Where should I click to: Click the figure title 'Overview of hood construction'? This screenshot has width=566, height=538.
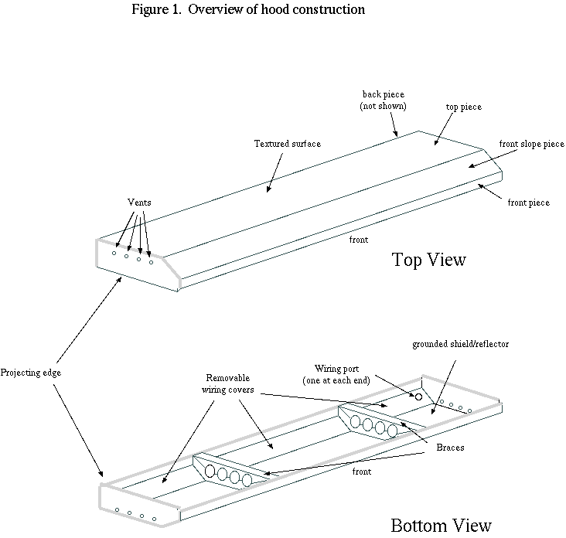point(276,9)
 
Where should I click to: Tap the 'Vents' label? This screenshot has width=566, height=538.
point(139,203)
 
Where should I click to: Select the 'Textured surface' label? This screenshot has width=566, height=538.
point(288,144)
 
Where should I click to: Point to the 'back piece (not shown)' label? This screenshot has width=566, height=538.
point(383,100)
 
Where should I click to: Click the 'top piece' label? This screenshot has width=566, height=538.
point(463,107)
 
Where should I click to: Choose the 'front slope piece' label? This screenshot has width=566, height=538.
point(531,144)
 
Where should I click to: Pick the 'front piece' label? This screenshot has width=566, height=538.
point(528,203)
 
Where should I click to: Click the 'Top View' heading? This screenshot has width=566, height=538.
point(429,260)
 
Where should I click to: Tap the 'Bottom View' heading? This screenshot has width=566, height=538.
point(441,525)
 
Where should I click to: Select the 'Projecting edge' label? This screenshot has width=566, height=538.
point(31,373)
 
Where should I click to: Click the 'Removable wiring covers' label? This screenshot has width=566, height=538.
point(228,383)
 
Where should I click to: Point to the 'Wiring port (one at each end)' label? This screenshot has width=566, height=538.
point(336,374)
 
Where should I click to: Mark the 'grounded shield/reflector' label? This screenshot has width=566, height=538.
point(461,344)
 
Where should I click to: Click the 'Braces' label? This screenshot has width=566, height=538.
point(450,448)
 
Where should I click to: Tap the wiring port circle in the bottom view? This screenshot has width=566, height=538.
point(419,397)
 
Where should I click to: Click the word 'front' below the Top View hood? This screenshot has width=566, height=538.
point(359,240)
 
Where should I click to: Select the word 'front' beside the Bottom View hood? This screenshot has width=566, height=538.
point(362,472)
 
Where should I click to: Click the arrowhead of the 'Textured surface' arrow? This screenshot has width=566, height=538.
point(268,189)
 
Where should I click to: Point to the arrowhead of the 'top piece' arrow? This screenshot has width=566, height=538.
point(436,142)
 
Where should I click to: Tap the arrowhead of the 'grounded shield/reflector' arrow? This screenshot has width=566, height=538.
point(433,410)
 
